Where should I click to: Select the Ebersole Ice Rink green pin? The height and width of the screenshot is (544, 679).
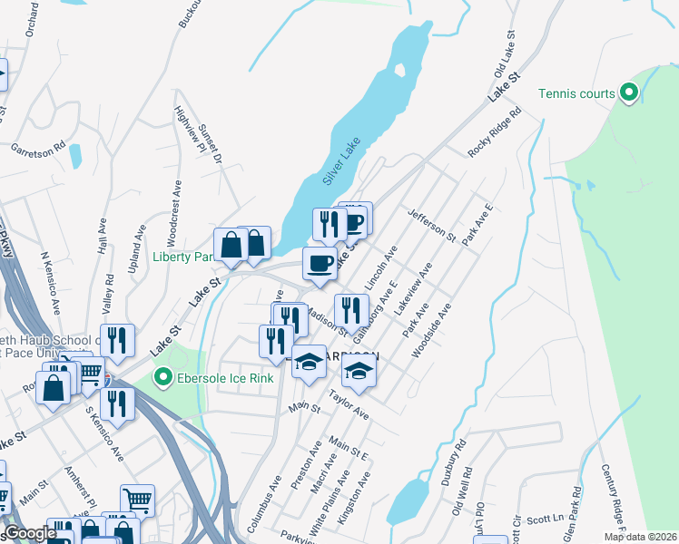click(x=163, y=376)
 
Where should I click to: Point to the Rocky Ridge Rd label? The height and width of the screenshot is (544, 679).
click(x=495, y=133)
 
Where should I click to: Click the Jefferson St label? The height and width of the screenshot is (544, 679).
click(x=431, y=223)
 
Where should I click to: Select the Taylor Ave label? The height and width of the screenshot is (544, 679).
click(x=349, y=404)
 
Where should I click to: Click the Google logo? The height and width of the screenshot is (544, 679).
click(x=28, y=533)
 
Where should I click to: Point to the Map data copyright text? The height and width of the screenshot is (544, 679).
click(x=640, y=537)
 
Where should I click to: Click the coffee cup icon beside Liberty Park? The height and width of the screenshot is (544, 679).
click(x=318, y=263)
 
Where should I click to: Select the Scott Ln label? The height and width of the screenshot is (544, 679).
click(x=544, y=520)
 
